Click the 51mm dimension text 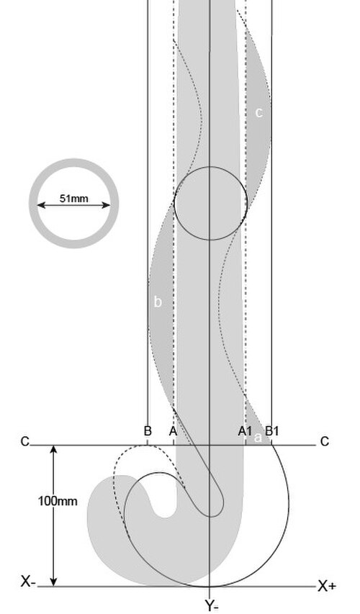[73, 198]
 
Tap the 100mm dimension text [58, 501]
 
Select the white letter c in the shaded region [258, 112]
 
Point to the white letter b [158, 302]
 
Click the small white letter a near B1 [257, 438]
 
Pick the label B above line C [148, 431]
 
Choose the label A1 [246, 431]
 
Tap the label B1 [272, 431]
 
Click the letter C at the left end [24, 442]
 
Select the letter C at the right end [324, 442]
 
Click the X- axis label [28, 582]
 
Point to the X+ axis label [327, 586]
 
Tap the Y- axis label [212, 606]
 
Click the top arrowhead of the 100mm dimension [54, 449]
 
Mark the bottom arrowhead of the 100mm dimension [54, 582]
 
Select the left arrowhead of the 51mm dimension [41, 205]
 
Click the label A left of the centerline [173, 431]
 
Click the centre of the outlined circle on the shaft [210, 203]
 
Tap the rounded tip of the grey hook [164, 511]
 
